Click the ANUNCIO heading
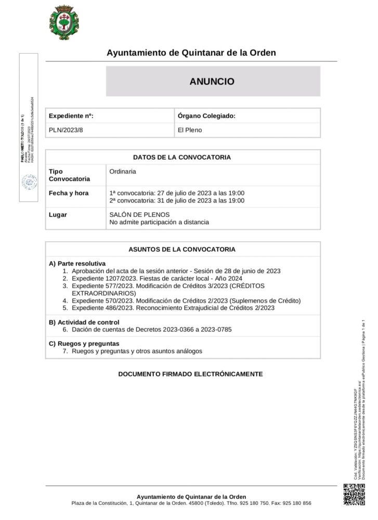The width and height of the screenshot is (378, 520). pos(212,82)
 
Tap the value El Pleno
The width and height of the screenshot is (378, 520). pos(190,130)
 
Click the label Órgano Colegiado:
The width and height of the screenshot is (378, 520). pos(206,116)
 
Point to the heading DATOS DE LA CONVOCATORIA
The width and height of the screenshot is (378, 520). pos(182,157)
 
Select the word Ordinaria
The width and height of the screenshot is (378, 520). pos(123,171)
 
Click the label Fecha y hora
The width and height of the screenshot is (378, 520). pos(69,193)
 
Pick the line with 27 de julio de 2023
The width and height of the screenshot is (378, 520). pos(177,193)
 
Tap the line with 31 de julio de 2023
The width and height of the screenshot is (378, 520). pos(177,201)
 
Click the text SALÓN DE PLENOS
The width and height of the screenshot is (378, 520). pos(139,214)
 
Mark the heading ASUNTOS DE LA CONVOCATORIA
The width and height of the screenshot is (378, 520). pos(182,249)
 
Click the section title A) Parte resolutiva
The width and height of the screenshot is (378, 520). pos(77,264)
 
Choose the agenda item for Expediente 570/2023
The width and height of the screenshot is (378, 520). pos(186,301)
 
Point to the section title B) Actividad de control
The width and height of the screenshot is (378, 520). pos(84,322)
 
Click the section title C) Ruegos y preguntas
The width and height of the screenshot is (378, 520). pos(84,344)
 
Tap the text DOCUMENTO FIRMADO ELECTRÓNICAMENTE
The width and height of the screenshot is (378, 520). pos(190,374)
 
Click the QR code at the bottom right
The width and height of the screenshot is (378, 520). pos(354,494)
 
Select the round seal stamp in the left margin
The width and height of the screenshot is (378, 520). pos(29,182)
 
